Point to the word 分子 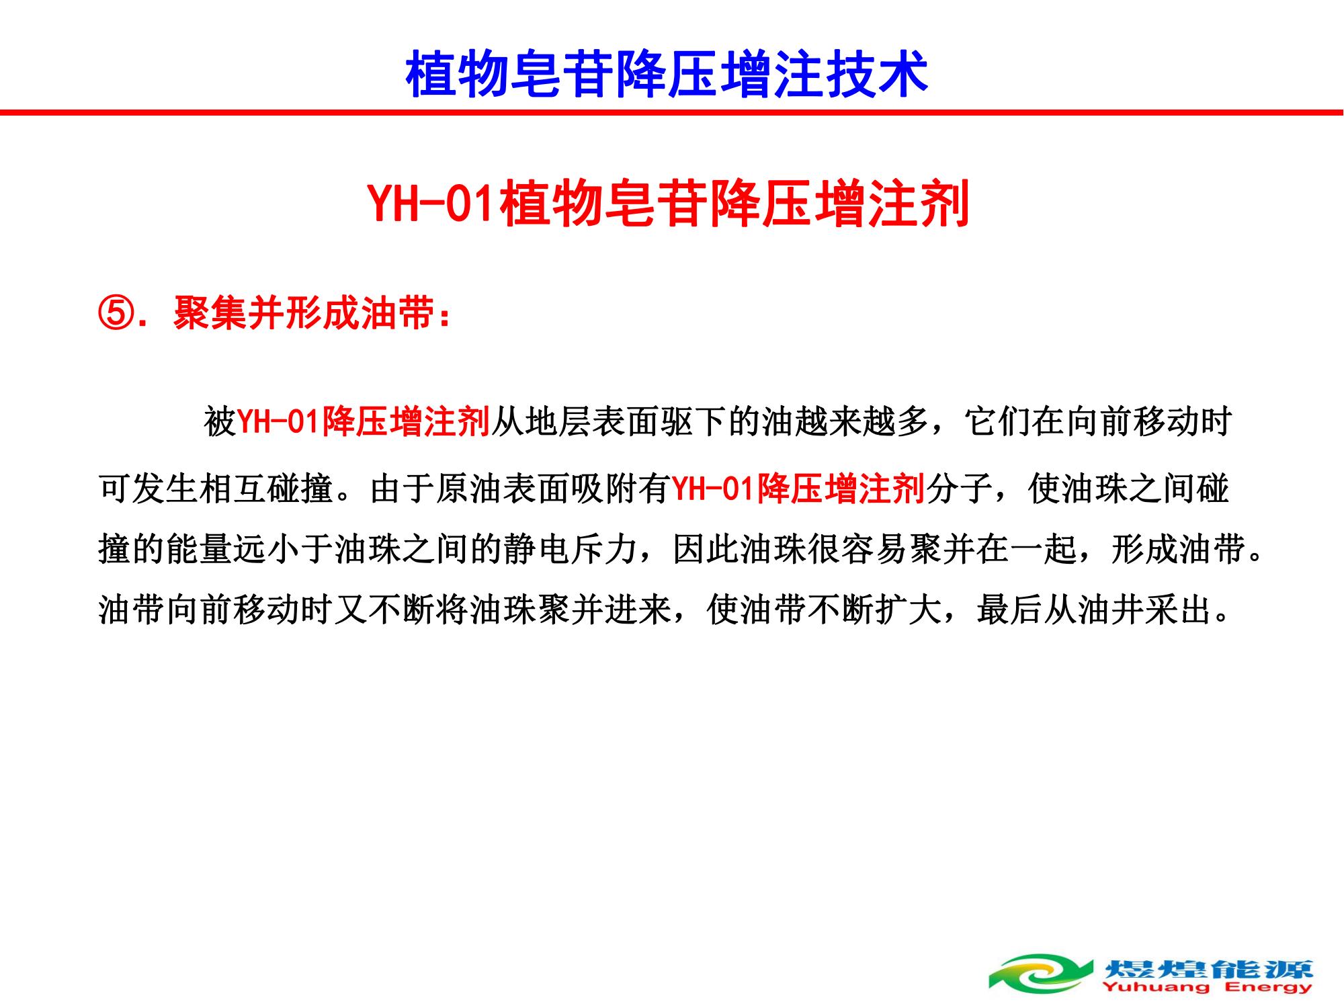[x=959, y=489]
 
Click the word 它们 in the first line [x=997, y=422]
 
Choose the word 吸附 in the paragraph [x=604, y=489]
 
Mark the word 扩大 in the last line [x=909, y=610]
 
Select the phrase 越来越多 [x=862, y=422]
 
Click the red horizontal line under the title [x=672, y=112]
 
